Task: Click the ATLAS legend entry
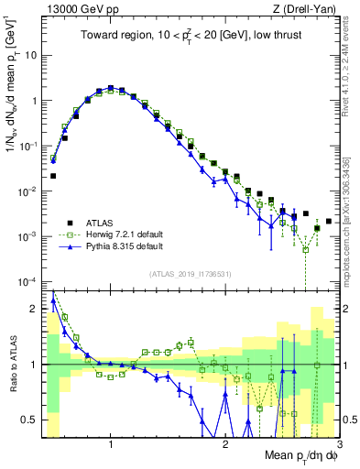tap(100, 223)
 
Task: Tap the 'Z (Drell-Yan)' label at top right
tap(308, 9)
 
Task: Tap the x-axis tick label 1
tap(111, 446)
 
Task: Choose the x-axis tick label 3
tap(339, 446)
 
